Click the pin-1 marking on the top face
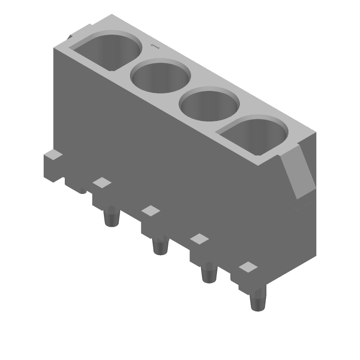point(155,46)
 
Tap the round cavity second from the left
point(161,76)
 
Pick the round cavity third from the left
point(209,104)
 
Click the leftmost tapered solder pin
point(112,216)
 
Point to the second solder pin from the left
point(161,246)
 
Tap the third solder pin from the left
point(209,273)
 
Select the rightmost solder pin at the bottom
point(258,300)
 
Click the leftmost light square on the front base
point(102,183)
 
